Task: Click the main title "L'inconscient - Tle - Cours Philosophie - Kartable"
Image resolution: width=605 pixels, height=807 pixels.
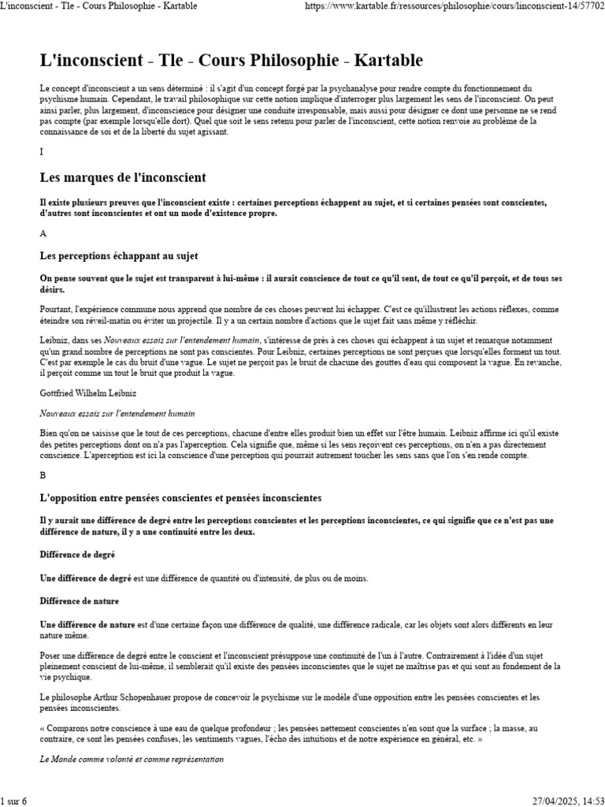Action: click(232, 61)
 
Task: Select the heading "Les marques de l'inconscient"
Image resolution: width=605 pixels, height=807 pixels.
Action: click(122, 177)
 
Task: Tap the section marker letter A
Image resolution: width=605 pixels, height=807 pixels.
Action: click(43, 234)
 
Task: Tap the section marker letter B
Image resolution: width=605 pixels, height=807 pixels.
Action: click(43, 475)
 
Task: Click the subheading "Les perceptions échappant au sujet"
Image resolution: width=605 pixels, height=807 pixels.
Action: click(119, 256)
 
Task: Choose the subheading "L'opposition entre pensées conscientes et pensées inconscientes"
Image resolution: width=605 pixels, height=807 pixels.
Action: click(180, 498)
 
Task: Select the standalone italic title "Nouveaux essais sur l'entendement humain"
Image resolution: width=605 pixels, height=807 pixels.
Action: click(117, 413)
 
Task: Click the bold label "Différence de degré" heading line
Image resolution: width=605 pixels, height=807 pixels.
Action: click(78, 555)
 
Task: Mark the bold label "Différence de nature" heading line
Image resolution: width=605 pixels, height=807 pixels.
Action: click(80, 601)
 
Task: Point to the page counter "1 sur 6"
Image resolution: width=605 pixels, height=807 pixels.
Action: click(14, 801)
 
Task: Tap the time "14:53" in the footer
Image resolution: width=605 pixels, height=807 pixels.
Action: click(589, 801)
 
